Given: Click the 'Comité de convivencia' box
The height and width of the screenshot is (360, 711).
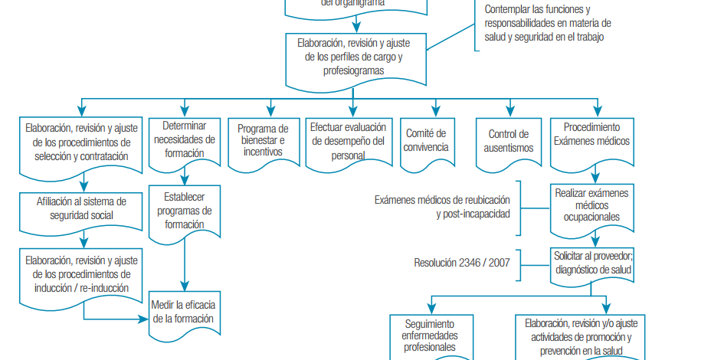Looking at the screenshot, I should tap(427, 141).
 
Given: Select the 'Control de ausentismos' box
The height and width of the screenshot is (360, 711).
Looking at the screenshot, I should tap(509, 141).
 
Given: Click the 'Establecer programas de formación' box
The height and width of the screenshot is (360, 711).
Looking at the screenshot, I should tap(184, 211).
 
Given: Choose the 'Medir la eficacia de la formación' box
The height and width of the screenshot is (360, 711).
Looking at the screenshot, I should tap(184, 313).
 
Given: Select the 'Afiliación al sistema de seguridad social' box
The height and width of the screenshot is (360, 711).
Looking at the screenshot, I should tap(81, 208).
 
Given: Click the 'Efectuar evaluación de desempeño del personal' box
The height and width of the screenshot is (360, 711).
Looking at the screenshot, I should tap(347, 141).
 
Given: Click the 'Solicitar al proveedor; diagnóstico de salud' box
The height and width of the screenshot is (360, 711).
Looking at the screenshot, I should tap(593, 263).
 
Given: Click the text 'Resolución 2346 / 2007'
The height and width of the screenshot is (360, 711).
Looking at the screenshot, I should tap(462, 263).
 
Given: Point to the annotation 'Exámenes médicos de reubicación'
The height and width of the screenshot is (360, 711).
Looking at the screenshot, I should tap(442, 200).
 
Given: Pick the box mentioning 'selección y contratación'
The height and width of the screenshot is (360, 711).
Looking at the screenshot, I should tap(81, 142).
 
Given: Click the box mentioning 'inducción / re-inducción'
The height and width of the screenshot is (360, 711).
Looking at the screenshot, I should tap(81, 274).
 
